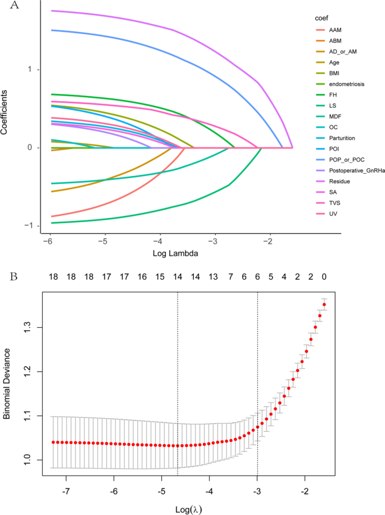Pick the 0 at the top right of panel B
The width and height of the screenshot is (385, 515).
(324, 277)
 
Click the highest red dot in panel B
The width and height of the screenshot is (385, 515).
(324, 305)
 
